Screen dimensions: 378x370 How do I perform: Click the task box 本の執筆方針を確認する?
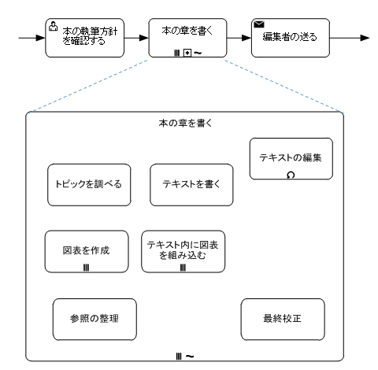click(x=85, y=38)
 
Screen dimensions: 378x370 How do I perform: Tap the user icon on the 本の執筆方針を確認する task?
click(x=53, y=26)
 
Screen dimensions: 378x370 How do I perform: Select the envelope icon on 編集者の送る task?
click(x=259, y=24)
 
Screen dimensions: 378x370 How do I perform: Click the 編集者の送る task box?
click(x=291, y=38)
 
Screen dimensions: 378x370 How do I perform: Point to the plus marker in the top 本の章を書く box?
click(x=187, y=53)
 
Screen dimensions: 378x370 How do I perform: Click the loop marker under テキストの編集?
click(x=291, y=175)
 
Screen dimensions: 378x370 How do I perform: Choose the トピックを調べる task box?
click(x=89, y=185)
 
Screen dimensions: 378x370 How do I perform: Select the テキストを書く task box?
click(x=191, y=185)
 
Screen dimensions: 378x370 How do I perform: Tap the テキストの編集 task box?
click(x=291, y=159)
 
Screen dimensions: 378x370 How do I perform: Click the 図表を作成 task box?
click(x=87, y=252)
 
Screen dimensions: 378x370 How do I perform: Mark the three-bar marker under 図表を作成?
click(x=86, y=268)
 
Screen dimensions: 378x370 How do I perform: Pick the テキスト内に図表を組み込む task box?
click(x=183, y=252)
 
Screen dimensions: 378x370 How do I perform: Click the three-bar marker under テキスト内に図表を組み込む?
click(x=183, y=268)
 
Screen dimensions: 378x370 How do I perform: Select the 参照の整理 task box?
click(x=94, y=320)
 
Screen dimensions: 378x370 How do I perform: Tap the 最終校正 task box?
click(x=283, y=320)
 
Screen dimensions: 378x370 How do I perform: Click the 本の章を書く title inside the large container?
click(x=185, y=123)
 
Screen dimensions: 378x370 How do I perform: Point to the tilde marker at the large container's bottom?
click(x=190, y=357)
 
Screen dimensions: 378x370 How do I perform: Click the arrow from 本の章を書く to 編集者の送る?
click(x=239, y=38)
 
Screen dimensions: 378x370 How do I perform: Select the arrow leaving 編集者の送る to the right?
click(x=350, y=38)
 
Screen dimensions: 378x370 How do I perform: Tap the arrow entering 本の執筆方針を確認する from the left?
click(x=32, y=38)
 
